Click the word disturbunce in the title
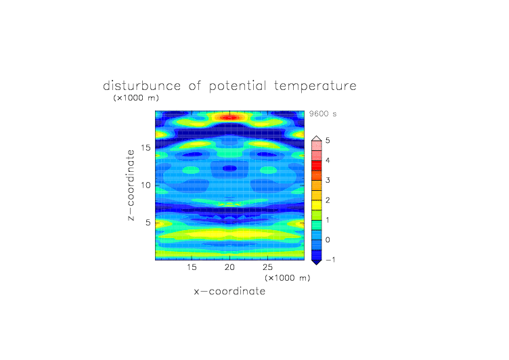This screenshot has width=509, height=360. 141,86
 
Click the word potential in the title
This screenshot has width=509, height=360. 238,87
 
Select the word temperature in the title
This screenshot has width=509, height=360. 315,87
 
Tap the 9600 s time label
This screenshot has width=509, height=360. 323,114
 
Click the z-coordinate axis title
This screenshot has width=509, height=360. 131,185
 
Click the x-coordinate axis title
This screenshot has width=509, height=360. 229,291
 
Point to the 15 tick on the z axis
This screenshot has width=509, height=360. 146,148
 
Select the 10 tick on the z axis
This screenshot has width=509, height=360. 146,185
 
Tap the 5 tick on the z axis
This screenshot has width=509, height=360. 148,223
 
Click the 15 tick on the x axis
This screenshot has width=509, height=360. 192,267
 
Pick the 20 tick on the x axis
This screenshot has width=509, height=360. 229,267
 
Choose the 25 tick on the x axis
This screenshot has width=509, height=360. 267,267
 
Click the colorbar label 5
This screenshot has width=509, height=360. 328,140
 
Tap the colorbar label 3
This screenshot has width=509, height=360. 328,180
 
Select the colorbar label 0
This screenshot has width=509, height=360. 328,240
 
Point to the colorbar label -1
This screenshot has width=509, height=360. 330,260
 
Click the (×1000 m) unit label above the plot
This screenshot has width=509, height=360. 136,97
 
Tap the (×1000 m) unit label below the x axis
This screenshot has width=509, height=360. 287,278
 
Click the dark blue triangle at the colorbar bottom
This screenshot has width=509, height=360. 317,262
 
